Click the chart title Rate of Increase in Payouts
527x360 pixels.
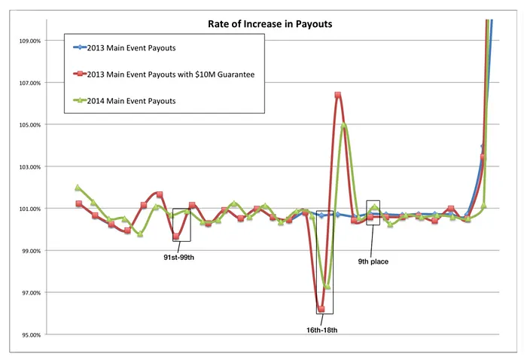pos(270,24)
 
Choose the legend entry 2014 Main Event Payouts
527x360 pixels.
pos(137,100)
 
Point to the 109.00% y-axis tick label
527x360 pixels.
pos(27,41)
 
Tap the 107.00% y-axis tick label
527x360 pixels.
pos(27,83)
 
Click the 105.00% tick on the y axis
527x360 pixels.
pos(27,124)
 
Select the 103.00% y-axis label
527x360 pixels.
pos(27,166)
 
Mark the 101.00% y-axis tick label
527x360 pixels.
pos(27,209)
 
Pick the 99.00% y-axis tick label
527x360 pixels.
pos(29,251)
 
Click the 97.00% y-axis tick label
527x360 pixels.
pos(29,292)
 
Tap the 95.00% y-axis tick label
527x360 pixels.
pos(29,334)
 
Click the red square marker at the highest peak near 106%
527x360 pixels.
pos(338,95)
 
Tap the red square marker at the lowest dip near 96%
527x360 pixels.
pos(321,310)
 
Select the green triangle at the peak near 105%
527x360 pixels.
pos(343,126)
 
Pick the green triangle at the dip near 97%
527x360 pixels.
pos(327,286)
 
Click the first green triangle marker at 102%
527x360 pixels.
pos(78,188)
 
